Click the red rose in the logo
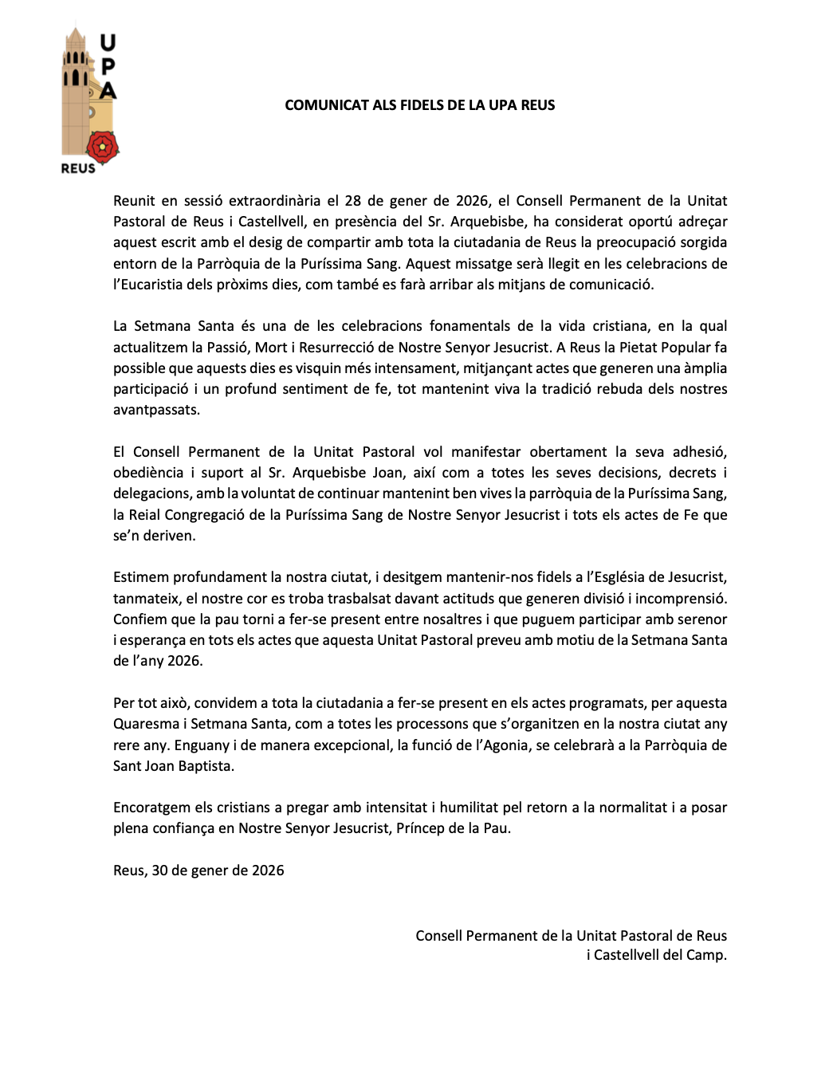(x=102, y=147)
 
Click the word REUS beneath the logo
(x=78, y=169)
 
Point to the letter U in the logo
(x=108, y=41)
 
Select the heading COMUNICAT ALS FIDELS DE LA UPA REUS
(x=420, y=105)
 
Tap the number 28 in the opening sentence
(x=352, y=201)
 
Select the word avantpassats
(x=155, y=410)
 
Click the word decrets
(x=693, y=473)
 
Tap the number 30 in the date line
(x=159, y=871)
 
